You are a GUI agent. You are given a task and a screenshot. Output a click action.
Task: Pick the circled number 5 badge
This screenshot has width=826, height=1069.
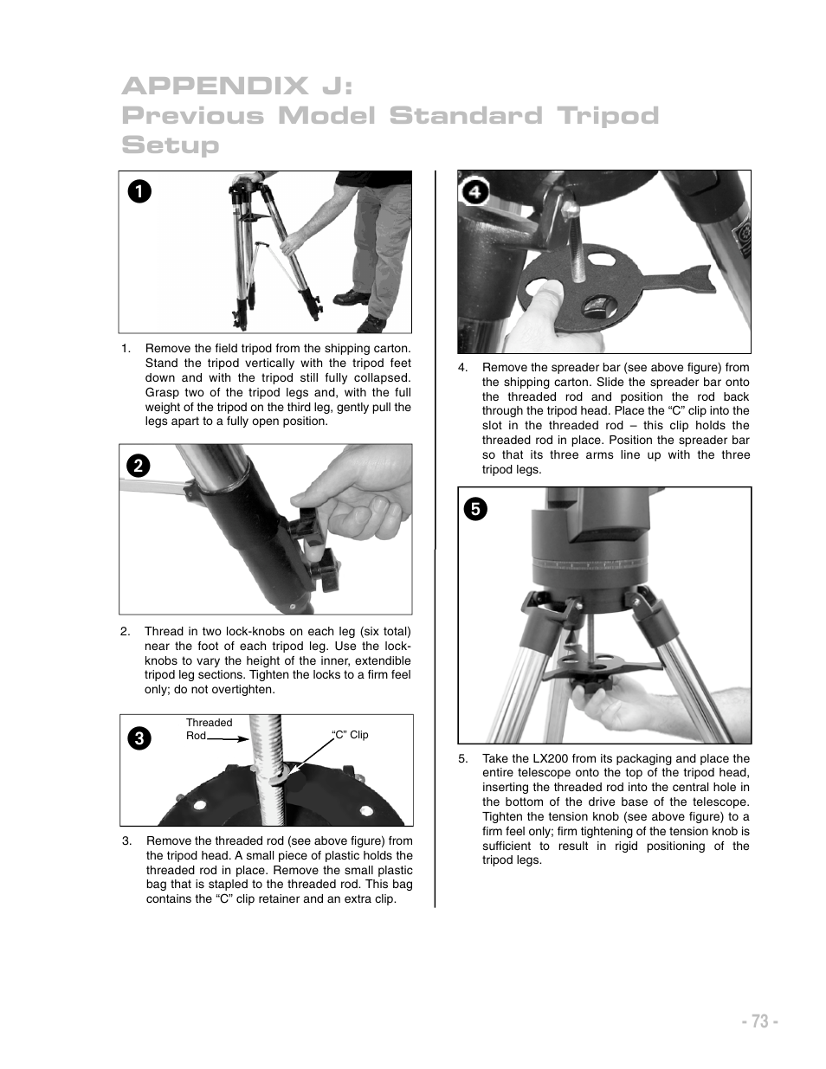[476, 509]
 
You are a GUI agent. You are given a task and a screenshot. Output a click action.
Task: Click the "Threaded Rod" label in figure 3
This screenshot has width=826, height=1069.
[209, 729]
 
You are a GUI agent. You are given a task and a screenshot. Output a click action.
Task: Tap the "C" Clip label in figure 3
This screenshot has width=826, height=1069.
[350, 735]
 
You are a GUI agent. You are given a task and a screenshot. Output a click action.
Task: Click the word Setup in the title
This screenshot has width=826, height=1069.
[171, 145]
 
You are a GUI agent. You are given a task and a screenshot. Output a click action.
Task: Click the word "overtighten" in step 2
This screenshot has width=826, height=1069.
[241, 690]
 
